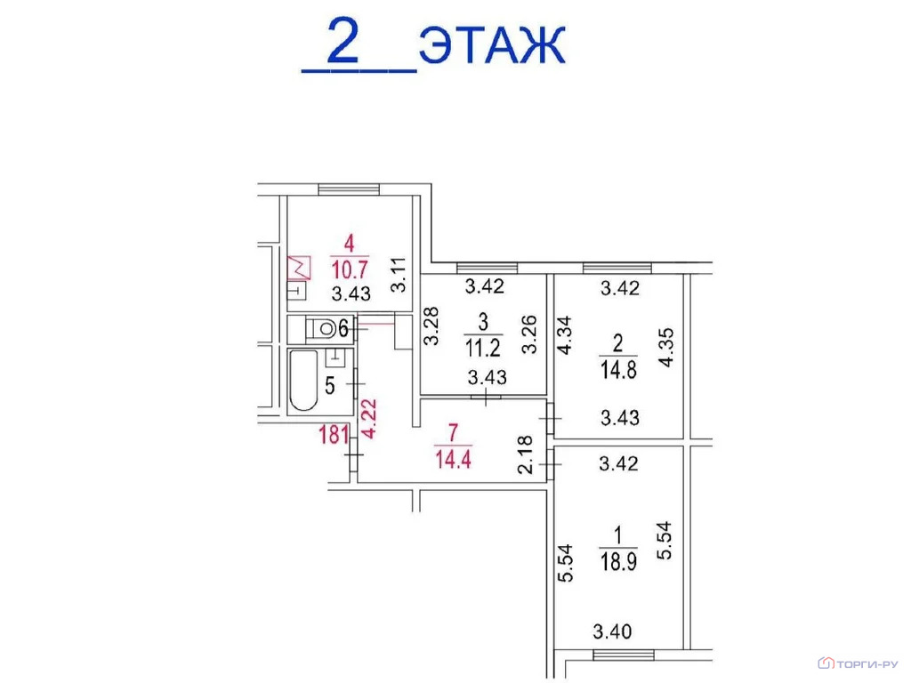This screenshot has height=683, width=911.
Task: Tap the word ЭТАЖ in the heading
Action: [x=492, y=46]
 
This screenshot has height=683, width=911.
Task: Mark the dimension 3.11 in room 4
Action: [x=399, y=276]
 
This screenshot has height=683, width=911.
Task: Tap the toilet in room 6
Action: [x=324, y=329]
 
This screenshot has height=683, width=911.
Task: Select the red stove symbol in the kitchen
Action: [x=298, y=265]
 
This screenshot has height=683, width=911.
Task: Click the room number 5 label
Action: [x=329, y=386]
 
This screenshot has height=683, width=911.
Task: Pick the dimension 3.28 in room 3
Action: [x=431, y=327]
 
